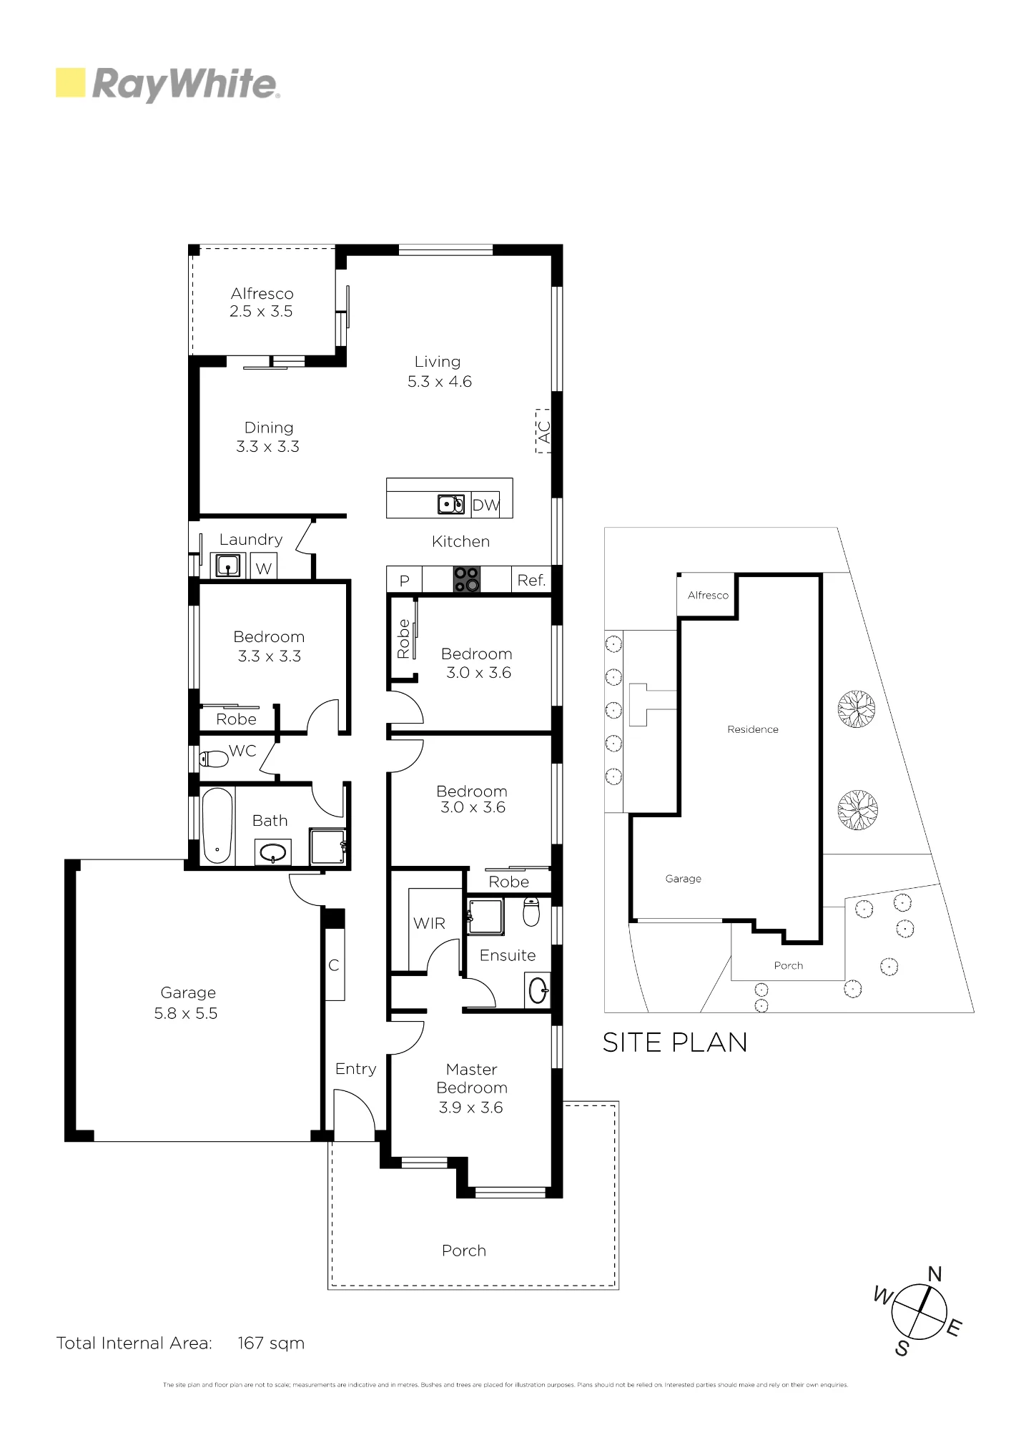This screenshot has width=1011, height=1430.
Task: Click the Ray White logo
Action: pos(168,84)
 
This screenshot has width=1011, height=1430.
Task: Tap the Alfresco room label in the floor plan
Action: pos(262,294)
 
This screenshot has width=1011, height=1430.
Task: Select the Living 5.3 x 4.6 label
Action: pos(439,372)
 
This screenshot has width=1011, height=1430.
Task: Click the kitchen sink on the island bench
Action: pos(451,504)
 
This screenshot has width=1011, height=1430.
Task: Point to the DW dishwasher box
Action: pos(485,505)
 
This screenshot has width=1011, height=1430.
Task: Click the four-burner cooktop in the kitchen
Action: pos(466,579)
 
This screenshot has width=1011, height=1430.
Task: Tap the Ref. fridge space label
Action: pos(531,581)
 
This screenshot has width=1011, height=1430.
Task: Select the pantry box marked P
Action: pos(405,580)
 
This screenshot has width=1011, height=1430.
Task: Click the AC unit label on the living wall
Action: pos(543,431)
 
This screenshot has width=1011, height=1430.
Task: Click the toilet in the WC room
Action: pos(213,759)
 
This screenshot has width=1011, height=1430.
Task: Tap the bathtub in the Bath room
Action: pos(217,825)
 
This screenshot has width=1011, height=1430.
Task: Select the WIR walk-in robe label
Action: pos(429,924)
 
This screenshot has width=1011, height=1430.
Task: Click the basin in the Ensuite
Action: pos(538,990)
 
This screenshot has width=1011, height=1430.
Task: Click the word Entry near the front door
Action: pos(355,1069)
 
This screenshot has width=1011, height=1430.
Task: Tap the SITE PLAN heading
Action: pos(675,1042)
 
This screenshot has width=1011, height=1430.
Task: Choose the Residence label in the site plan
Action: pos(753,729)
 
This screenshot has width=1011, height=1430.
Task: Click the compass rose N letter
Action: pos(934,1273)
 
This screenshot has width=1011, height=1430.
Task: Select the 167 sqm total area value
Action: pos(271,1343)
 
